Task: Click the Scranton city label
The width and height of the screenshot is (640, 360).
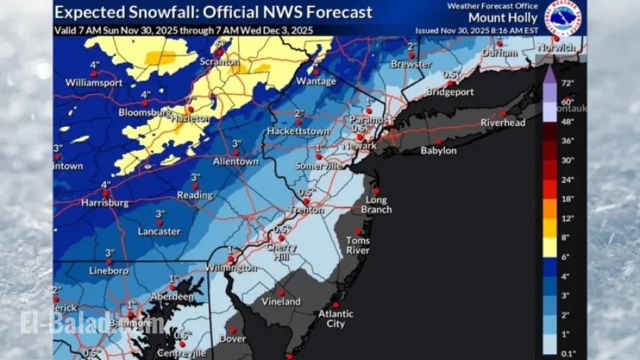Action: click(x=225, y=63)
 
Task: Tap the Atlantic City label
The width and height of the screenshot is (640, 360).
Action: click(x=335, y=319)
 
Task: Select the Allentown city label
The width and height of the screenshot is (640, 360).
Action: click(x=235, y=161)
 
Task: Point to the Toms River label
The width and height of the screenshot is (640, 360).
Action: click(x=358, y=245)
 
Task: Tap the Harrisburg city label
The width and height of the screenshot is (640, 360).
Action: click(x=104, y=202)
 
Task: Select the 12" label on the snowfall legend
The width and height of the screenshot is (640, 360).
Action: click(x=567, y=219)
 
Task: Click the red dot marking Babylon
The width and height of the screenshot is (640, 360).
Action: click(x=438, y=141)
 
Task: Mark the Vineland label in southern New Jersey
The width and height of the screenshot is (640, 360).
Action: click(x=281, y=302)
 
